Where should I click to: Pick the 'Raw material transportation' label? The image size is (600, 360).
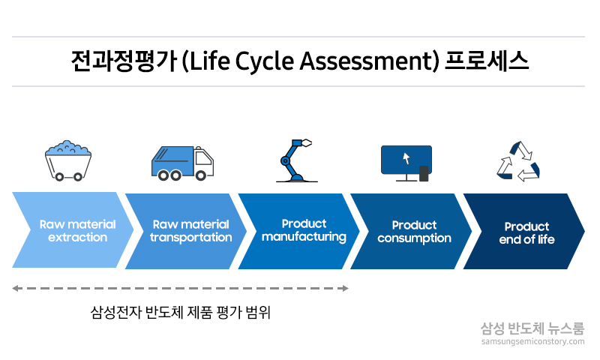pyautogui.click(x=190, y=231)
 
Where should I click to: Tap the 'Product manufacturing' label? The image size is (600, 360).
pyautogui.click(x=304, y=230)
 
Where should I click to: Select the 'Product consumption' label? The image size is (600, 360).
pyautogui.click(x=414, y=232)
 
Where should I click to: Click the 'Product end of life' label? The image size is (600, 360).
pyautogui.click(x=526, y=232)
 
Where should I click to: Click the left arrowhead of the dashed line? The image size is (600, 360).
pyautogui.click(x=16, y=288)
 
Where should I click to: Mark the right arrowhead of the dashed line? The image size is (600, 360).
pyautogui.click(x=345, y=288)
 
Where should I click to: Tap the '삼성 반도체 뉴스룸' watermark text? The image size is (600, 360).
pyautogui.click(x=532, y=328)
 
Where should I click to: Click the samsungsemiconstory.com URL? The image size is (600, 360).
pyautogui.click(x=532, y=342)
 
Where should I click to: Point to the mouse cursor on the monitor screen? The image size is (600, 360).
pyautogui.click(x=406, y=158)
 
